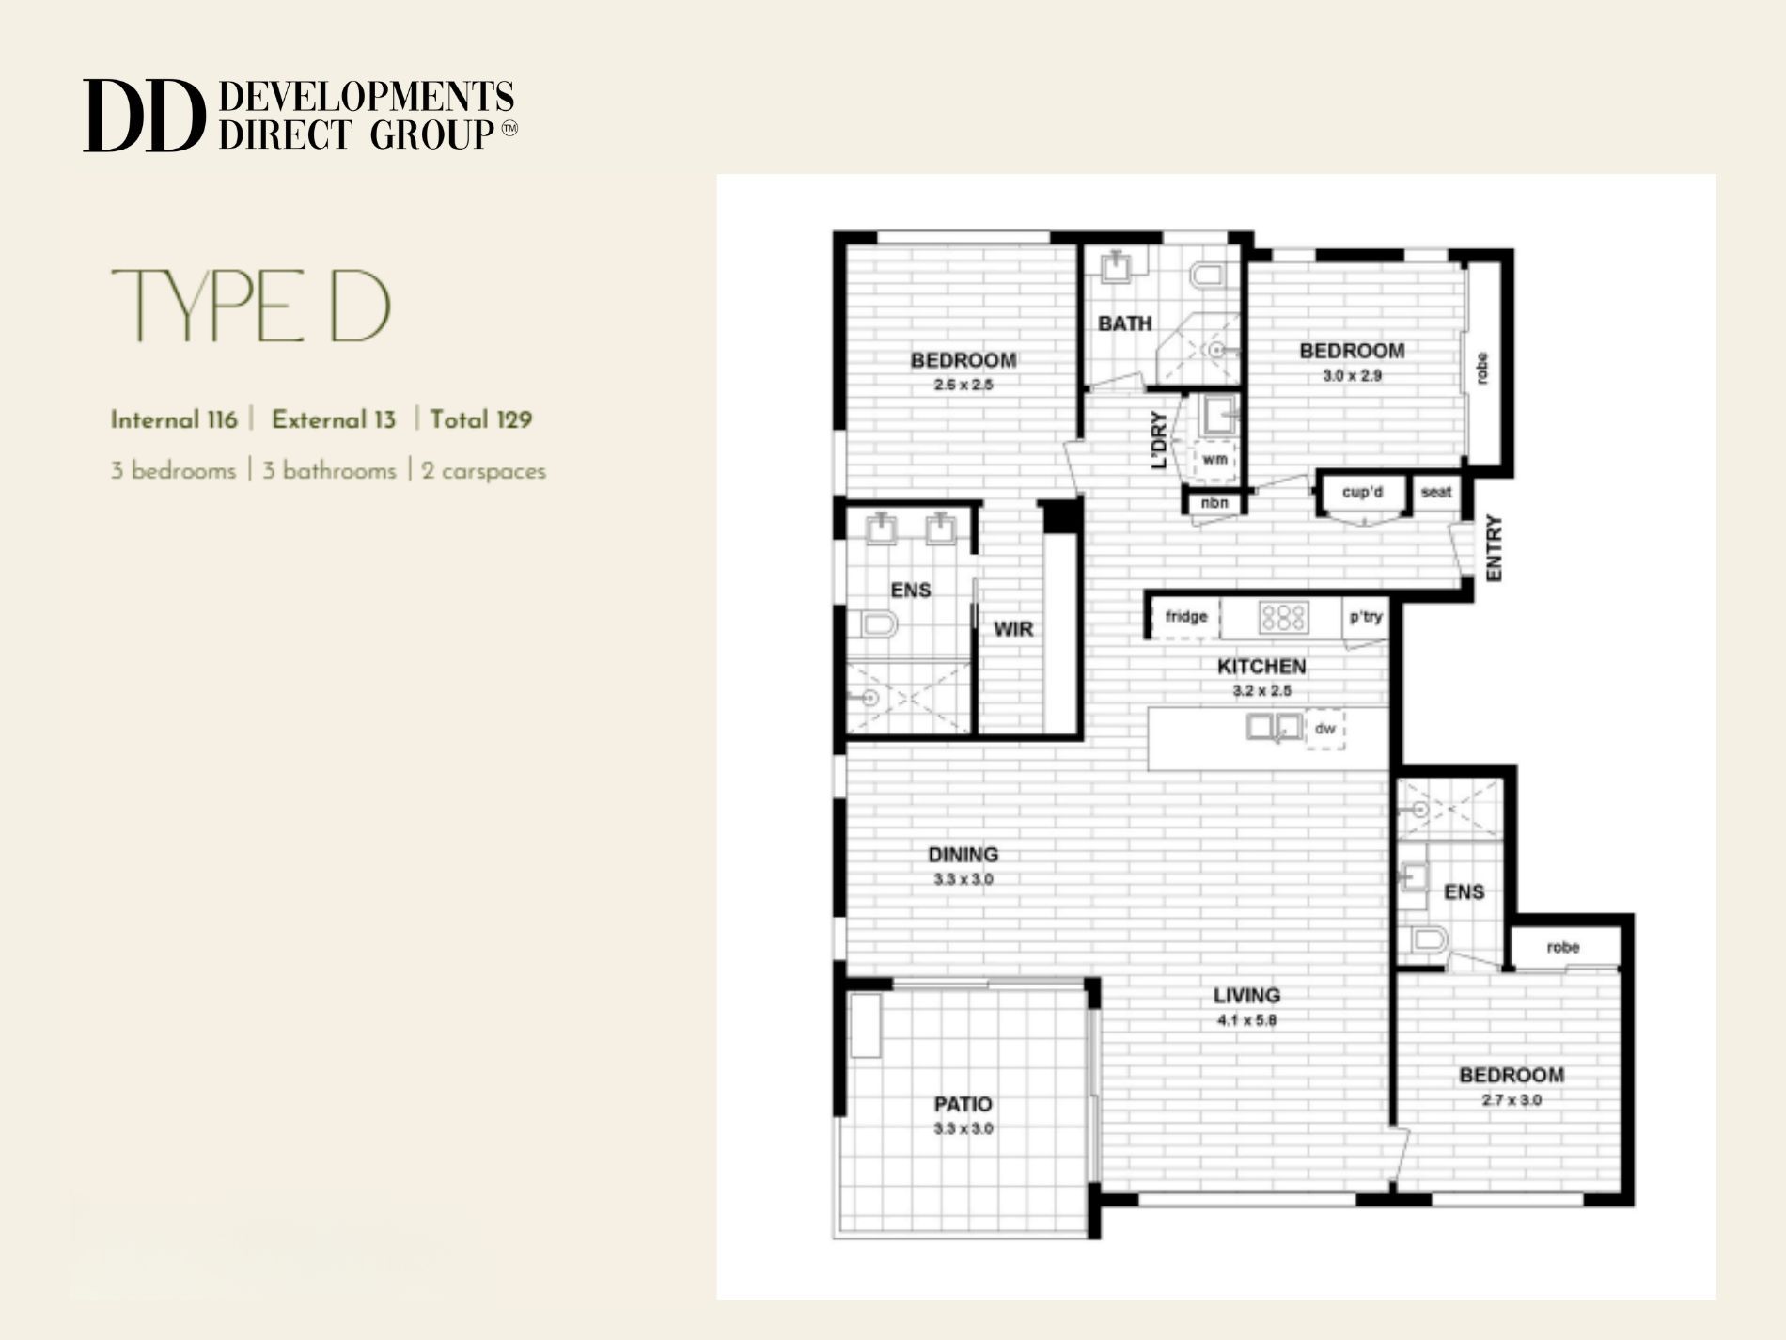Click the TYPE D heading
251,306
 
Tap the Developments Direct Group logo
300,116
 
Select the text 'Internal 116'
174,419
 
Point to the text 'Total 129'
480,419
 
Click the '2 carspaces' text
483,470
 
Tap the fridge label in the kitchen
1185,617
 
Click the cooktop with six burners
1283,617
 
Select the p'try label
1365,617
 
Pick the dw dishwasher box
1324,729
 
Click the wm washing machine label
1214,460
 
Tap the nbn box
1214,503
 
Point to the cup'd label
1362,492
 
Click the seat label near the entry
1435,492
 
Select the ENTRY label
1494,548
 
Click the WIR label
1013,629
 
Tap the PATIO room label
963,1104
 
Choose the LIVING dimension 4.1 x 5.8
1245,1020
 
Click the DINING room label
963,855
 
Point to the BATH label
1124,323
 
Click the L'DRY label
1159,440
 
